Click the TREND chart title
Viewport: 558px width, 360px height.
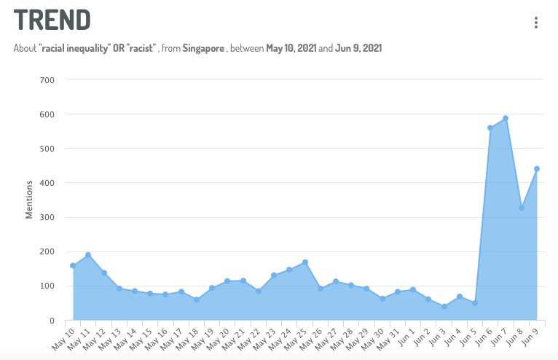(52, 20)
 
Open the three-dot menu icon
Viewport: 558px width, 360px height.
(536, 23)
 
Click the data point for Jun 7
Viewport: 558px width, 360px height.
(506, 118)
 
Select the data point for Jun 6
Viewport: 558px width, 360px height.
(490, 128)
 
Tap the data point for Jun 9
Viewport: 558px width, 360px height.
(537, 169)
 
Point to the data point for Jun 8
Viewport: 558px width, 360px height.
(522, 208)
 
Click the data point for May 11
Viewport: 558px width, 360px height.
(88, 255)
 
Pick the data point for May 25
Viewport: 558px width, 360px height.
(304, 262)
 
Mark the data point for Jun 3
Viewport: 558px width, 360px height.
(444, 307)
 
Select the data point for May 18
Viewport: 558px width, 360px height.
(197, 300)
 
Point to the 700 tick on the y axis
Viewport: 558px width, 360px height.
(47, 79)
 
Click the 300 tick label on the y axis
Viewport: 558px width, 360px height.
(47, 217)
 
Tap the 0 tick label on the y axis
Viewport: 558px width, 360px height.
(51, 321)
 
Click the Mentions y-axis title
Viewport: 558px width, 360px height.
(29, 200)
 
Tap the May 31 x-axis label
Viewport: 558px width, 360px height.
(390, 337)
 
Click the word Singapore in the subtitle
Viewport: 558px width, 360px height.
(203, 48)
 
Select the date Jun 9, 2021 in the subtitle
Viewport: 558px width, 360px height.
(358, 48)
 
